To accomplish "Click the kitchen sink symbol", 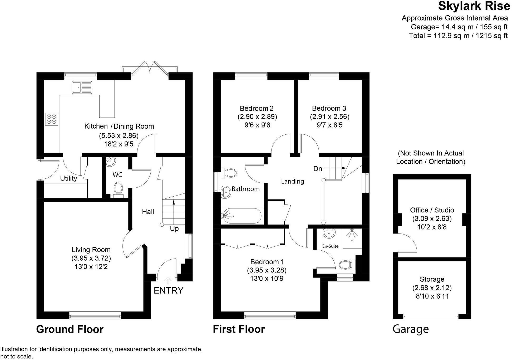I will tap(82, 87).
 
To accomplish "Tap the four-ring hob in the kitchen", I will tap(51, 119).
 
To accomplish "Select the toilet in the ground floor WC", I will tap(118, 189).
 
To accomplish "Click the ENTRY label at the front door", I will tap(168, 290).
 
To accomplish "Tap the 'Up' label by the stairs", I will tap(174, 228).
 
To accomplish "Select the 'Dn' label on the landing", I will tap(318, 169).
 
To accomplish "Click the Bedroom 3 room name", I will tap(329, 108).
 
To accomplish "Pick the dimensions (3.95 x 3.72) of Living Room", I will tap(91, 258).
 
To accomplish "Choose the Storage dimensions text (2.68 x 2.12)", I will tap(432, 288).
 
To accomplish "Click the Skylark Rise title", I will tap(474, 6).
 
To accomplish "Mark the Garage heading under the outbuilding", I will tap(411, 329).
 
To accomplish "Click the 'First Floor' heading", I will tap(239, 329).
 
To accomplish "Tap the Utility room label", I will tap(68, 178).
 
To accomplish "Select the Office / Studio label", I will tap(432, 210).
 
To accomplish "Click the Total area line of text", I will tap(458, 36).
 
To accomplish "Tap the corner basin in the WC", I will tap(110, 161).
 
